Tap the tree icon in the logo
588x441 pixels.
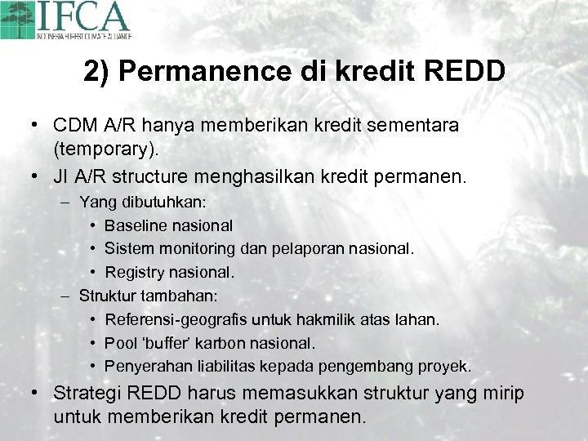click(18, 18)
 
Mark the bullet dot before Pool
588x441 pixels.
click(95, 343)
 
